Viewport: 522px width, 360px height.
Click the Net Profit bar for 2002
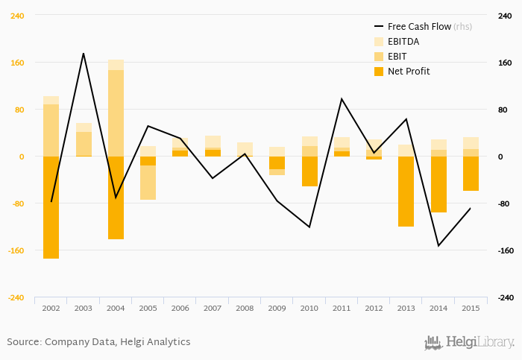point(51,207)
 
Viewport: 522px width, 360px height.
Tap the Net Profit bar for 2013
point(406,191)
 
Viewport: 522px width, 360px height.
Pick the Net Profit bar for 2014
point(438,184)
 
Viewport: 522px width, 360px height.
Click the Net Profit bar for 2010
point(309,171)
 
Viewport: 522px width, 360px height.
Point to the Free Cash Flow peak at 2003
point(84,54)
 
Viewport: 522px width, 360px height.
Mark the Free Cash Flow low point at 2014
point(438,245)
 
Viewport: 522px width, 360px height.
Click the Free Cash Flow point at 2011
point(342,99)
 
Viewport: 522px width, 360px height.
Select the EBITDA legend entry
point(403,42)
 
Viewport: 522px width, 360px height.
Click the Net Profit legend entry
point(408,72)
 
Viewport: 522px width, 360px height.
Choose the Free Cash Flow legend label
point(419,27)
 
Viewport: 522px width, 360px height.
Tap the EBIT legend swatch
point(378,57)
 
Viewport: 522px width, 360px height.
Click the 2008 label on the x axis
point(245,308)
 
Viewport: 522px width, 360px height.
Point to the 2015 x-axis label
point(471,308)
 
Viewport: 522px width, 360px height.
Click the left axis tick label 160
point(16,63)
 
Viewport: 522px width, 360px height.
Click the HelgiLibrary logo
point(469,342)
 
